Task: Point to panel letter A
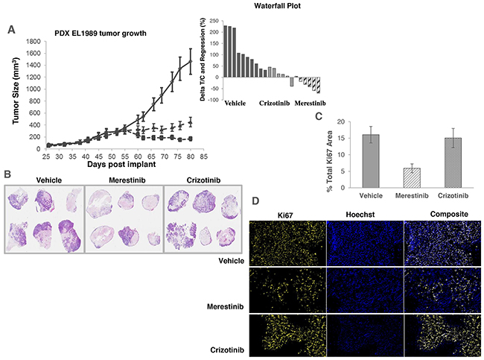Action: (x=11, y=30)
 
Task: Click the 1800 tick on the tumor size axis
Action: (x=30, y=42)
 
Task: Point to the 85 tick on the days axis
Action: (x=203, y=157)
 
